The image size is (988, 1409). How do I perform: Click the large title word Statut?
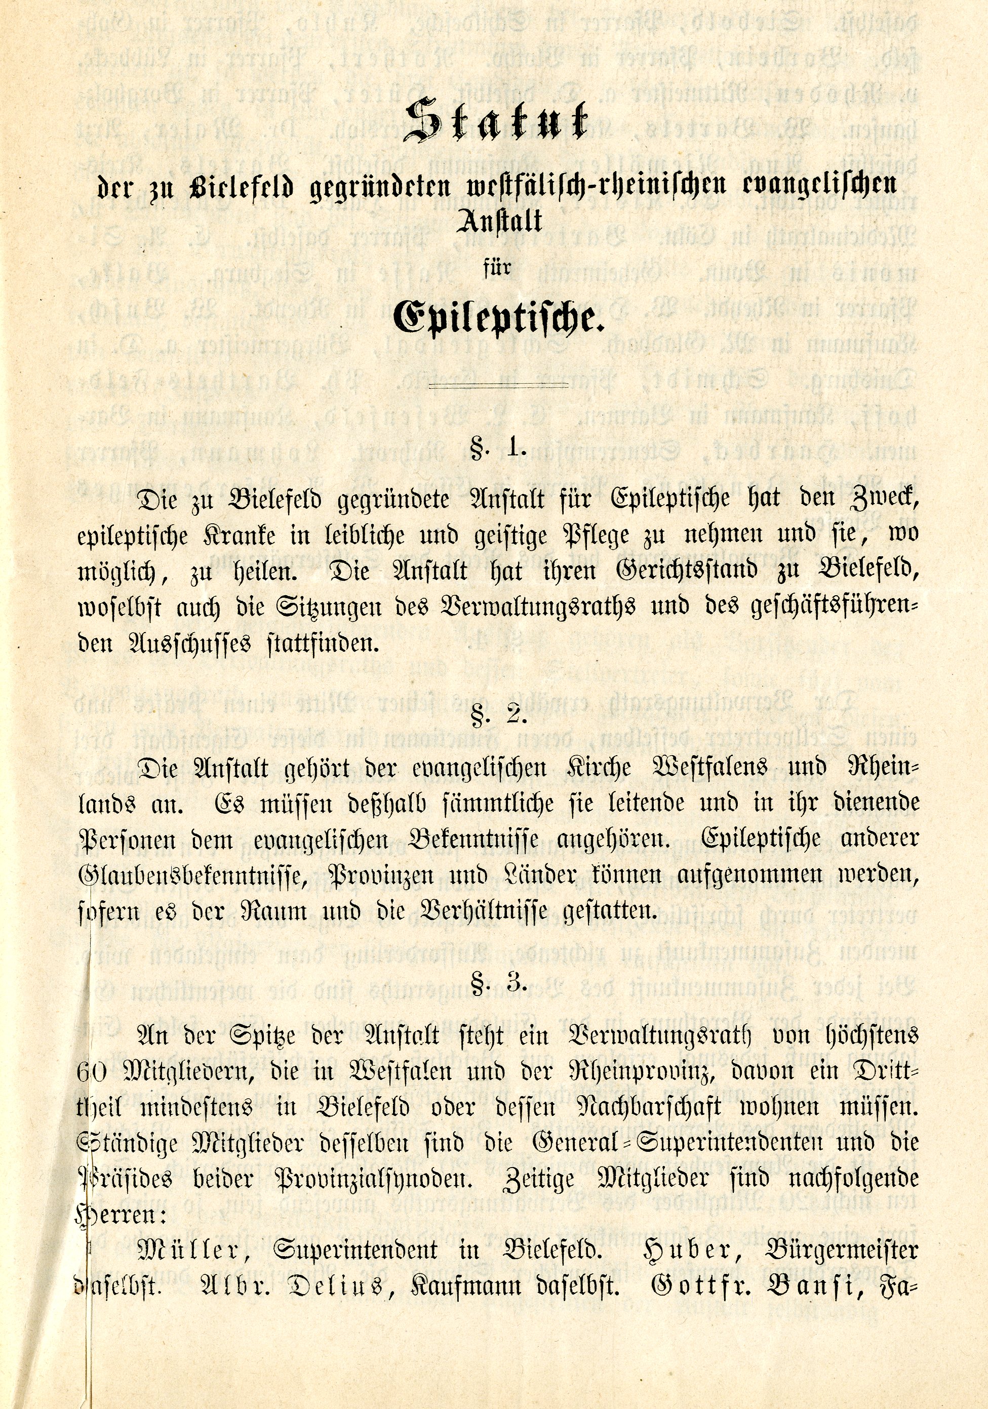pyautogui.click(x=495, y=121)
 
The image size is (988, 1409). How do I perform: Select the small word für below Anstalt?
pyautogui.click(x=497, y=268)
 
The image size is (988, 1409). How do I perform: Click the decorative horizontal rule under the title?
pyautogui.click(x=498, y=385)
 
